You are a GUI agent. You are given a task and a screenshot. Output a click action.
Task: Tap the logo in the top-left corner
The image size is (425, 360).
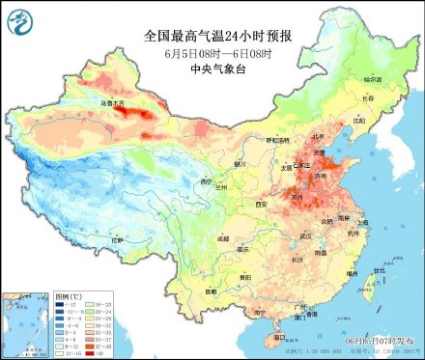[19, 20]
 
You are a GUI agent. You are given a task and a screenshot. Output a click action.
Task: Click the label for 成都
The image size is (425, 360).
[224, 235]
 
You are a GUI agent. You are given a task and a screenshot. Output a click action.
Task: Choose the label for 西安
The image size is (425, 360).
[260, 205]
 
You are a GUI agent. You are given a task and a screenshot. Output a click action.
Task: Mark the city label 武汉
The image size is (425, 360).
[305, 235]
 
